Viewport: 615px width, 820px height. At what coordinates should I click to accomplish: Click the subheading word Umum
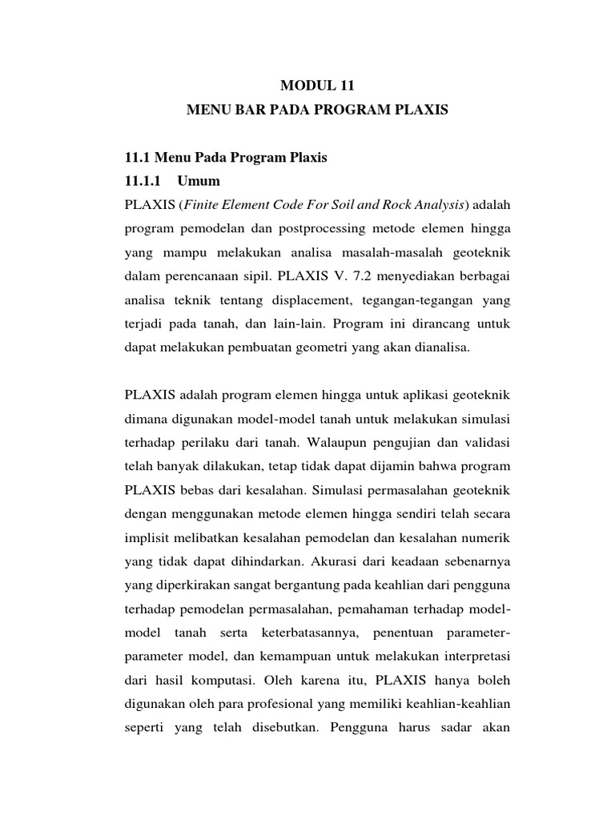pos(200,180)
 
